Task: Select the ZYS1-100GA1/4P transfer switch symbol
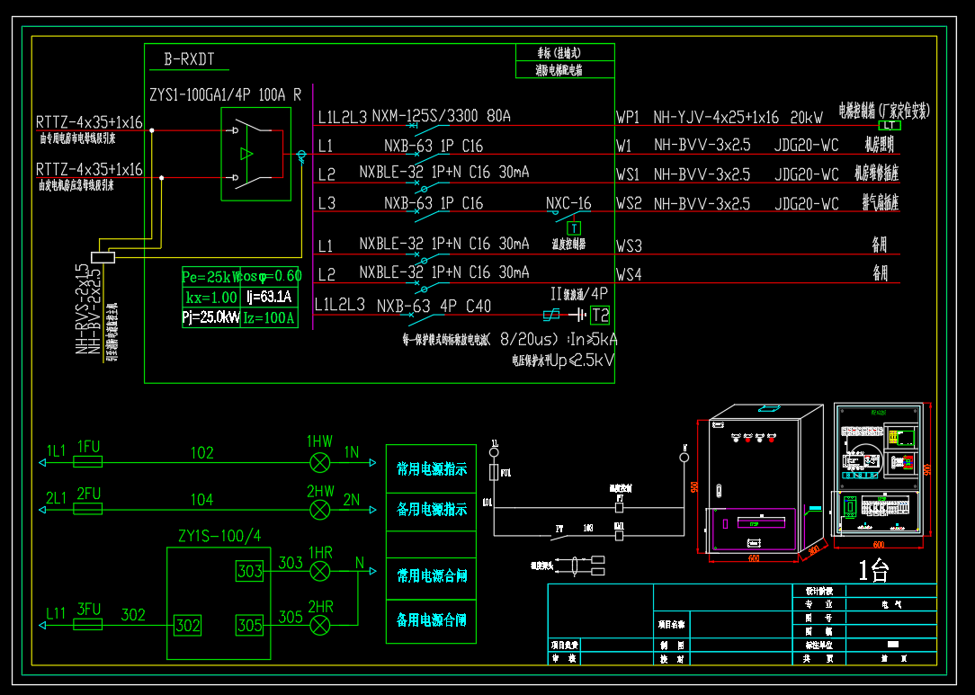pos(255,154)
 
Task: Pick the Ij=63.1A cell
pos(269,297)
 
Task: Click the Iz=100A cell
pos(269,317)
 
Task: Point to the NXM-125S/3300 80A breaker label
pos(441,116)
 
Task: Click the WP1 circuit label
pos(628,117)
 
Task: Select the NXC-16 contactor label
pos(568,203)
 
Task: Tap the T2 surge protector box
pos(600,315)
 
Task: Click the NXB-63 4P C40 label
pos(434,306)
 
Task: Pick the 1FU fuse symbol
pos(87,461)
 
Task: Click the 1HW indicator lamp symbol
pos(319,461)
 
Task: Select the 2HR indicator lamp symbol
pos(319,623)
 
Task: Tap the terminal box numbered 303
pos(249,570)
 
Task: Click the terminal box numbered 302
pos(187,625)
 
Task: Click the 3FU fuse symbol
pos(87,624)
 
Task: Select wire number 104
pos(201,499)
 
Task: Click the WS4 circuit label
pos(629,274)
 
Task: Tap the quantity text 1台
pos(873,570)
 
